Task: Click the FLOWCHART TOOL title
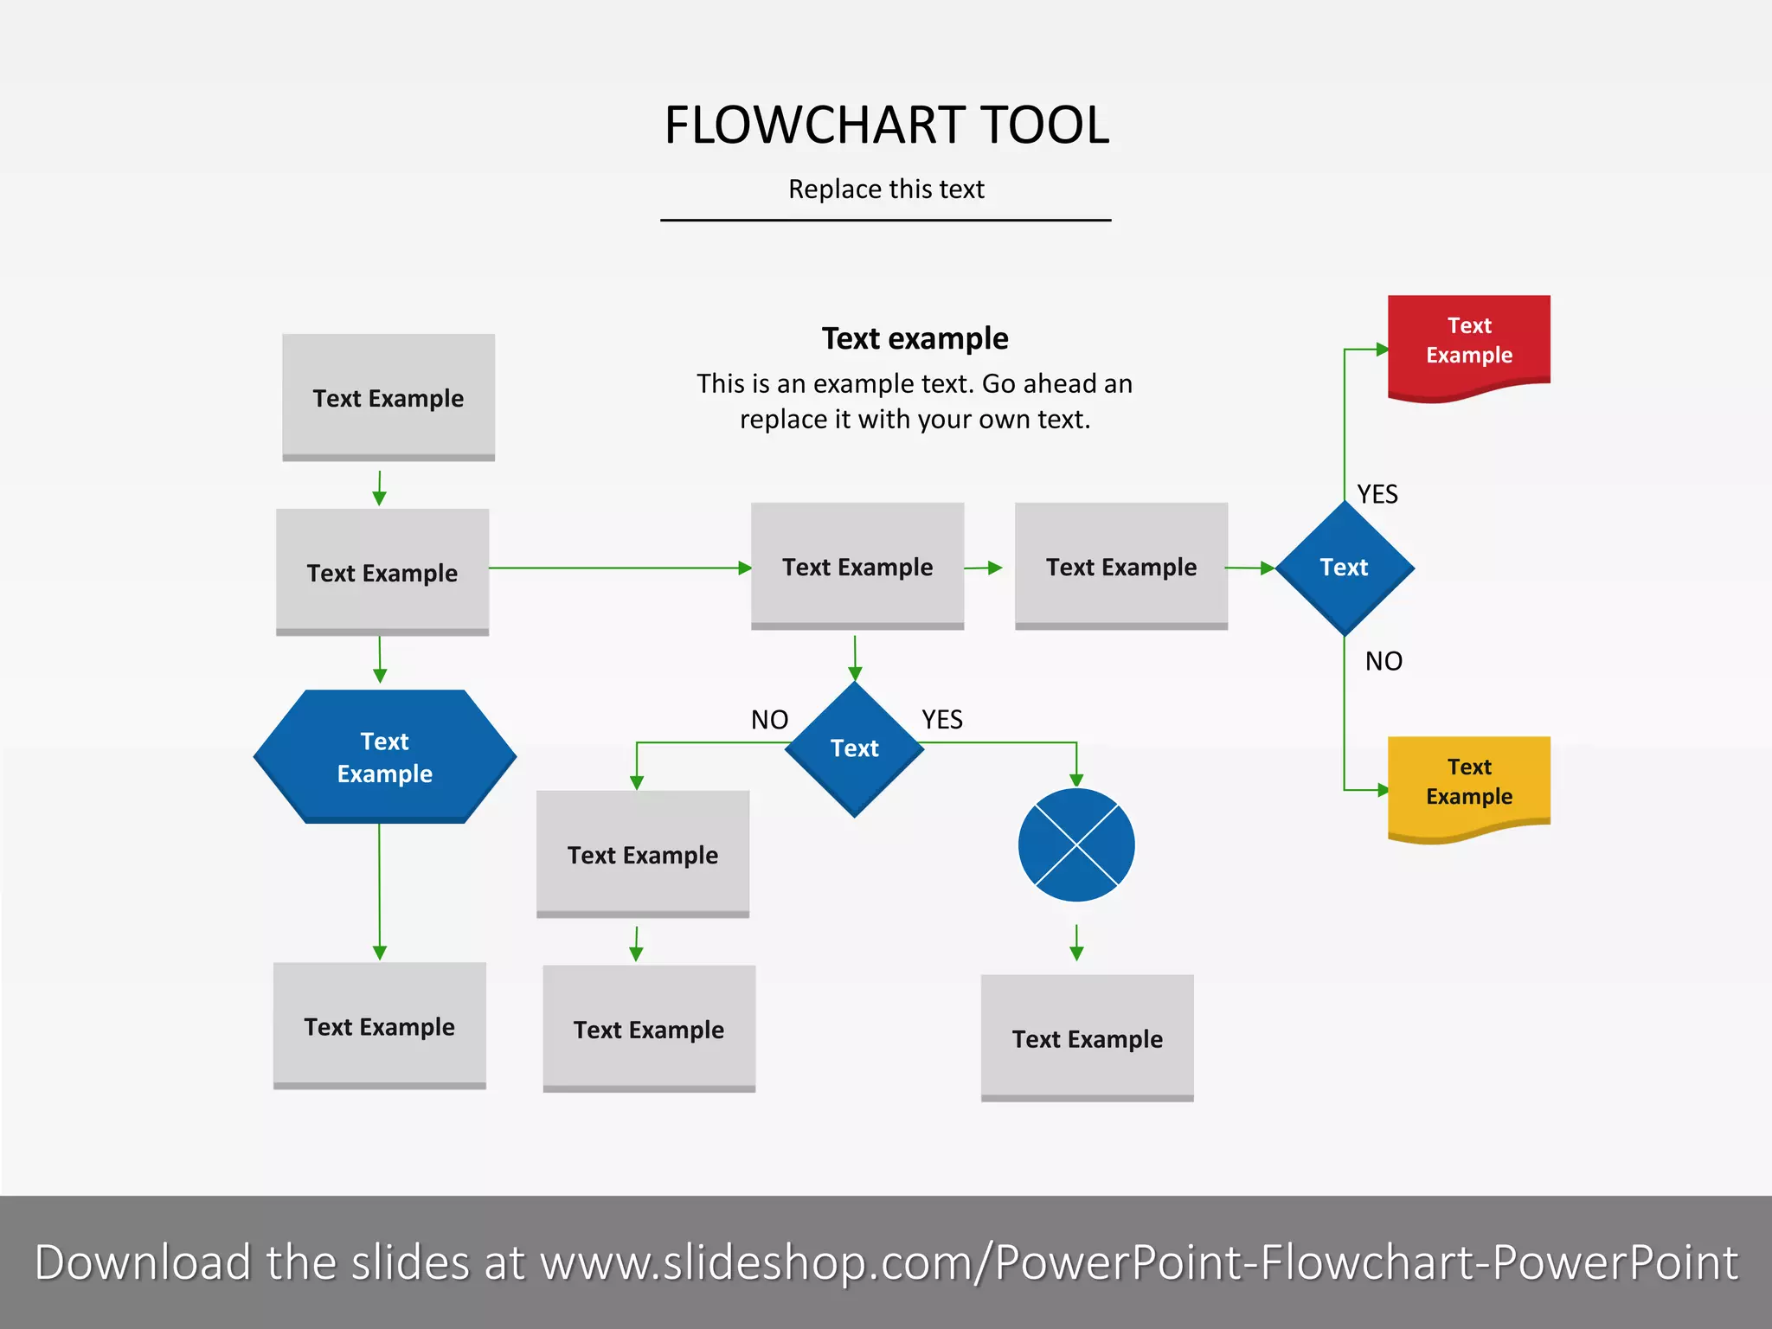[886, 125]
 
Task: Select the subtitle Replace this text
[886, 189]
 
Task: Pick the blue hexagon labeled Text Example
[385, 756]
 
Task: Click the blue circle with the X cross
[1076, 844]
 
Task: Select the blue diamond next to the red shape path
[1344, 568]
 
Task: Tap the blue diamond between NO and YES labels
[855, 748]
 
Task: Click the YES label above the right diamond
[1377, 494]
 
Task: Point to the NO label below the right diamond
[1383, 662]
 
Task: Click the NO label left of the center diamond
[769, 720]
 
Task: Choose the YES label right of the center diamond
[941, 720]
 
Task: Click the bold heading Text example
[915, 338]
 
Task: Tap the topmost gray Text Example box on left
[388, 397]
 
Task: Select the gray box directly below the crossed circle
[1087, 1037]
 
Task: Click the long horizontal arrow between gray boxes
[619, 568]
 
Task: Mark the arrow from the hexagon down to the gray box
[379, 891]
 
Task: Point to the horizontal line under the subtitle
[886, 221]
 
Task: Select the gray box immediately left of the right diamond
[1121, 566]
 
